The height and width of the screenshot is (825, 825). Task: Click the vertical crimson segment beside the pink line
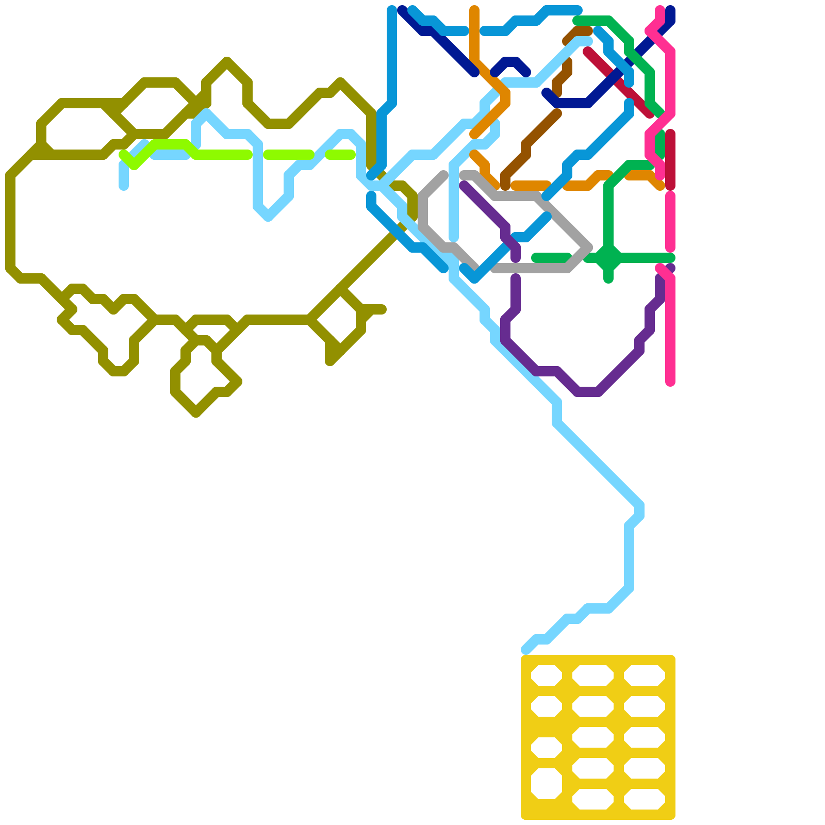[x=670, y=160]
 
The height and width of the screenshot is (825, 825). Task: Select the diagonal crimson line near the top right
[x=619, y=82]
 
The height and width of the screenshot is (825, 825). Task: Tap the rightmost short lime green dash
[x=340, y=154]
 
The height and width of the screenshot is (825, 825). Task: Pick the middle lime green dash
[x=289, y=154]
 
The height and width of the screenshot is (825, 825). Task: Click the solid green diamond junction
[x=608, y=258]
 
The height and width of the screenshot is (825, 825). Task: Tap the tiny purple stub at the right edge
[x=670, y=268]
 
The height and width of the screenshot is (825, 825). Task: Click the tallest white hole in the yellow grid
[x=546, y=784]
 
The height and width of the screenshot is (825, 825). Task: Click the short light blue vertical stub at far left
[x=124, y=175]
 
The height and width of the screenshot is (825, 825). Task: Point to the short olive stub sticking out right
[x=376, y=309]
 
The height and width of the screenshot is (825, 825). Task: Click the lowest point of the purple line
[x=588, y=392]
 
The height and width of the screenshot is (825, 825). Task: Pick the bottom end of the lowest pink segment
[x=670, y=382]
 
